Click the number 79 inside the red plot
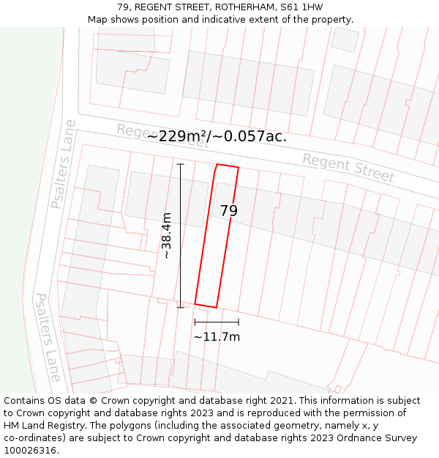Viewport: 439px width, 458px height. [229, 211]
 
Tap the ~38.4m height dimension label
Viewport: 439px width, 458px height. [167, 235]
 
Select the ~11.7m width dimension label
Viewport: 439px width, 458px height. [217, 337]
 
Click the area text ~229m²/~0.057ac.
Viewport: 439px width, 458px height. [217, 136]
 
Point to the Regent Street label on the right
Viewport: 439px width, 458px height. [348, 169]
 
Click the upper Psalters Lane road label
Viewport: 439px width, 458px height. [64, 164]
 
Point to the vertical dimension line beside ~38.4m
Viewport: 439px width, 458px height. [181, 235]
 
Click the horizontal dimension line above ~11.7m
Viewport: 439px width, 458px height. [217, 322]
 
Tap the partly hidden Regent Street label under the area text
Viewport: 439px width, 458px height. [162, 136]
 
